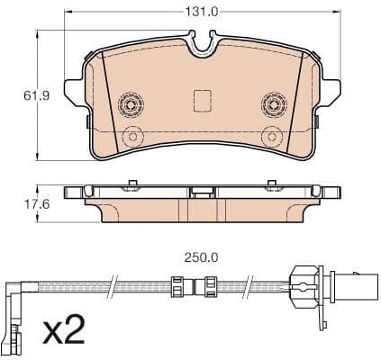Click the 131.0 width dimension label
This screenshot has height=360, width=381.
click(202, 12)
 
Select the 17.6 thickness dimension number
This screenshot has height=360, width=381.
click(21, 204)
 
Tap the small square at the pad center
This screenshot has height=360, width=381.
click(203, 100)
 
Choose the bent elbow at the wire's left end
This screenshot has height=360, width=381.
click(20, 292)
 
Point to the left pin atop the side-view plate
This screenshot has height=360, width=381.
click(132, 184)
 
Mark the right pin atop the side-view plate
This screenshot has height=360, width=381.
click(272, 184)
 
